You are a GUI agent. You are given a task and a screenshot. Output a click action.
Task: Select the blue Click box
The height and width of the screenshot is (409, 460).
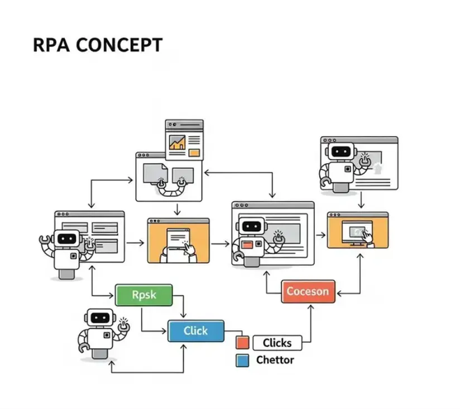click(x=196, y=331)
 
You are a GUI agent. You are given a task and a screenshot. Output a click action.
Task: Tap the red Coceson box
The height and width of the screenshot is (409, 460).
click(x=309, y=291)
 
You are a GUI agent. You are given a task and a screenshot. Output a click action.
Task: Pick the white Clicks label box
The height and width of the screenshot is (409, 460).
click(x=277, y=343)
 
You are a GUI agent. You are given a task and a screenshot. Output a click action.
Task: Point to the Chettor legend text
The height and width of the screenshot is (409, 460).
click(x=275, y=360)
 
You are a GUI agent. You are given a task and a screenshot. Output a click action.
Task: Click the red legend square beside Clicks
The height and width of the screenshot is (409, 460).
click(x=242, y=343)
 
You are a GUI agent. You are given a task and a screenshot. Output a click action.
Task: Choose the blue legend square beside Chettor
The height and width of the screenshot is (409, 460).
click(x=242, y=361)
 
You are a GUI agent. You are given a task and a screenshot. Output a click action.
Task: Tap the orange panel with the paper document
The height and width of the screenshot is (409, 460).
click(x=179, y=240)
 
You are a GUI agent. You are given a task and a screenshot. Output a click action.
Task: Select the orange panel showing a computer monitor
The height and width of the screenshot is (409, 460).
click(x=357, y=235)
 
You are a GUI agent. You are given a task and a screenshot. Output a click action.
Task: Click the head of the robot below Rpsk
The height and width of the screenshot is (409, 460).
click(x=99, y=318)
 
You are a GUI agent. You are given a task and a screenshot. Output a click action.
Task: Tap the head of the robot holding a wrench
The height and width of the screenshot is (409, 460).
click(x=67, y=239)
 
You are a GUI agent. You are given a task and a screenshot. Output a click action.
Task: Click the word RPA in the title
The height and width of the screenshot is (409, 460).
click(x=50, y=46)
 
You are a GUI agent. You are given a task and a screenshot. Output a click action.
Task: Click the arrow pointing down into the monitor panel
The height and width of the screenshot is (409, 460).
click(x=360, y=200)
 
